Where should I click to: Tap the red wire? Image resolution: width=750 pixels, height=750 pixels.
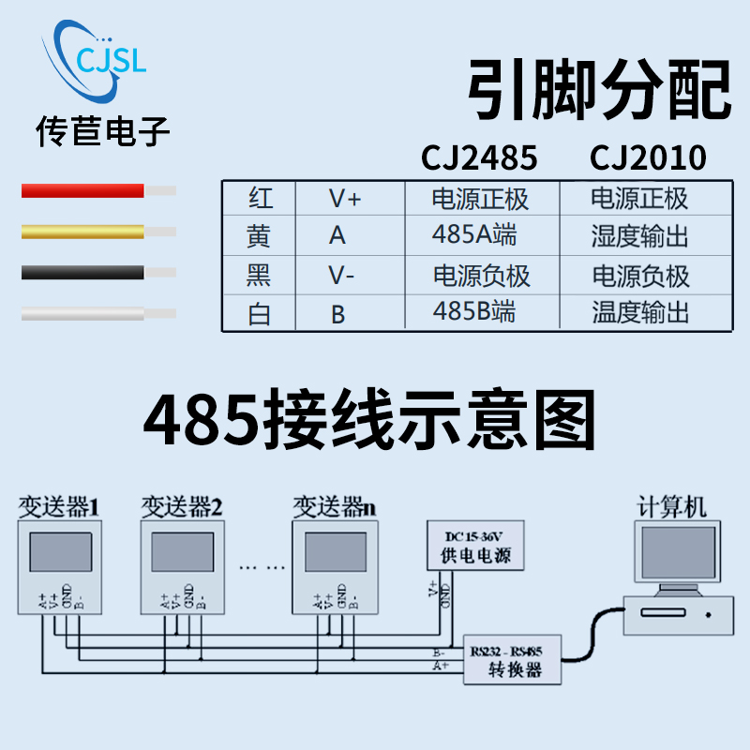click(x=84, y=191)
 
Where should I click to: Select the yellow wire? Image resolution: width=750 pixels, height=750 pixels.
click(x=84, y=231)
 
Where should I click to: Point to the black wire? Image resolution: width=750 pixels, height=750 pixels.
click(x=84, y=273)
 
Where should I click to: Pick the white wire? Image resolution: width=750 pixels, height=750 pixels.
click(x=84, y=313)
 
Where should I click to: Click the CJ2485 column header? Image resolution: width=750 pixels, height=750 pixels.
click(x=480, y=157)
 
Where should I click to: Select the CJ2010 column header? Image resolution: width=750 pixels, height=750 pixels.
click(x=648, y=157)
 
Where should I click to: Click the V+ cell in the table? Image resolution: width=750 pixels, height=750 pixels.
click(x=344, y=199)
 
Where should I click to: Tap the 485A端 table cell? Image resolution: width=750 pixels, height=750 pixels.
click(x=474, y=235)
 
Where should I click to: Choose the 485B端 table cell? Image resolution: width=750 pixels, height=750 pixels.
click(x=474, y=312)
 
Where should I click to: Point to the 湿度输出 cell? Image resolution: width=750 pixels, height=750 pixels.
click(x=641, y=235)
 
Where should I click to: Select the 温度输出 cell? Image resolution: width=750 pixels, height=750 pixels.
click(x=641, y=312)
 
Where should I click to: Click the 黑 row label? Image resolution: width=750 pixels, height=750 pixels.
click(x=259, y=275)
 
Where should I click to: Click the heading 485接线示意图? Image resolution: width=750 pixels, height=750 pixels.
click(x=370, y=421)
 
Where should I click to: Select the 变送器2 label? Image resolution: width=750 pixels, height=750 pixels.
click(x=182, y=508)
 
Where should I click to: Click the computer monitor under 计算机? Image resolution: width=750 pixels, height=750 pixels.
click(x=667, y=553)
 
